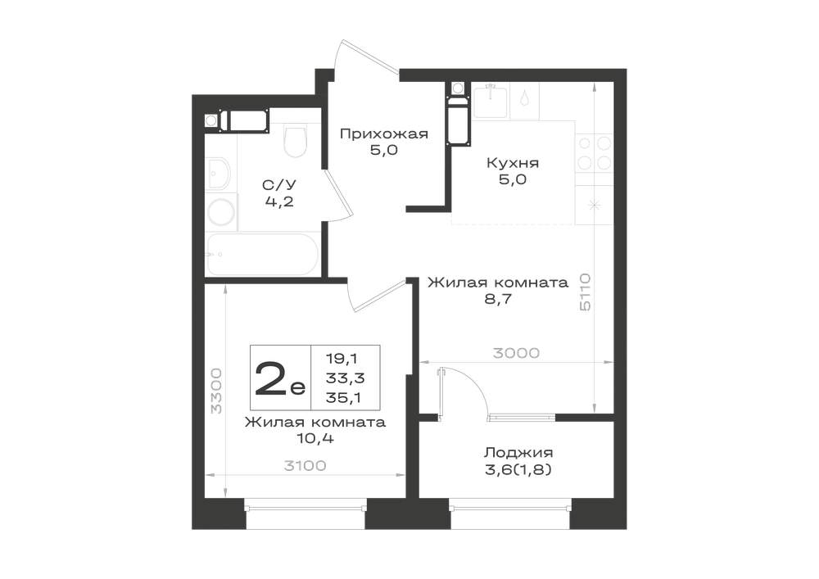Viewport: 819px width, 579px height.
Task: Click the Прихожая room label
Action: (x=384, y=133)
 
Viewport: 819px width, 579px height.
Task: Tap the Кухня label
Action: (x=513, y=163)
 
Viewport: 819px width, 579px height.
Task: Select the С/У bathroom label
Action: (x=279, y=185)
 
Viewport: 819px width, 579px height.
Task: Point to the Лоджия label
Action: (x=518, y=452)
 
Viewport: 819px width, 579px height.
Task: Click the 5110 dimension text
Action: (x=585, y=292)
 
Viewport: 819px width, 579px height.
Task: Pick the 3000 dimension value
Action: (x=516, y=354)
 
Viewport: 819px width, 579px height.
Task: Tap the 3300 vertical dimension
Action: (x=216, y=391)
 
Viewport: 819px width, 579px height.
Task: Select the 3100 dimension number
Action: (x=305, y=465)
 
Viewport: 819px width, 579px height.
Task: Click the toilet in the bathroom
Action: (x=295, y=140)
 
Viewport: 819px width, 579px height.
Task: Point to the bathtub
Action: (x=263, y=254)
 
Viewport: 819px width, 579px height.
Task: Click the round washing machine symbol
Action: (x=220, y=212)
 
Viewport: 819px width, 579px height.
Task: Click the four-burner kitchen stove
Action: (x=595, y=153)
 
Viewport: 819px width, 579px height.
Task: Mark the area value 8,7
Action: (x=497, y=299)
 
